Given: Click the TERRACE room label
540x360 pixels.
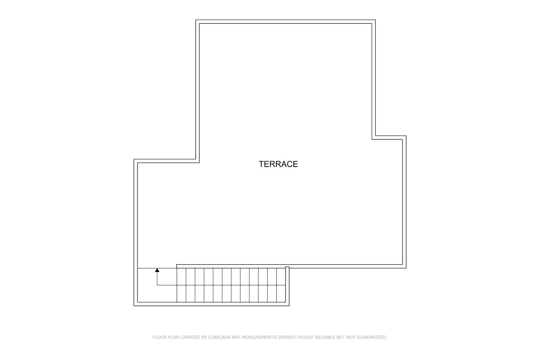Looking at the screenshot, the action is coord(278,164).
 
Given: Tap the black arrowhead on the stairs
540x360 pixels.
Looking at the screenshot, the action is coord(157,270).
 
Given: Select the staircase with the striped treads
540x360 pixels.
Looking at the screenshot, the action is coord(231,285).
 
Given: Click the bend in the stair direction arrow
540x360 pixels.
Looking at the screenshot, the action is coord(157,285).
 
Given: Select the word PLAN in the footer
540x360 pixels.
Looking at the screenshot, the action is coord(174,337).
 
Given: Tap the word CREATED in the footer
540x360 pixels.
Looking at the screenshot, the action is coord(190,337).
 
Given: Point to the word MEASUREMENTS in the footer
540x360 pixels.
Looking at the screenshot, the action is coord(259,337).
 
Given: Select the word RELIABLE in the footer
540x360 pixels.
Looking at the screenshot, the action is coord(325,337).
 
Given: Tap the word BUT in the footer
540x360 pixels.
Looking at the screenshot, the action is coord(341,337).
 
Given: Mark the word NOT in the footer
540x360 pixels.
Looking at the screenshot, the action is coord(351,337).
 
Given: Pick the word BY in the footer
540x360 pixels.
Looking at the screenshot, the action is coord(204,337).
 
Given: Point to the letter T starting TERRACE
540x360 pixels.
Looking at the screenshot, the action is coord(261,164).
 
